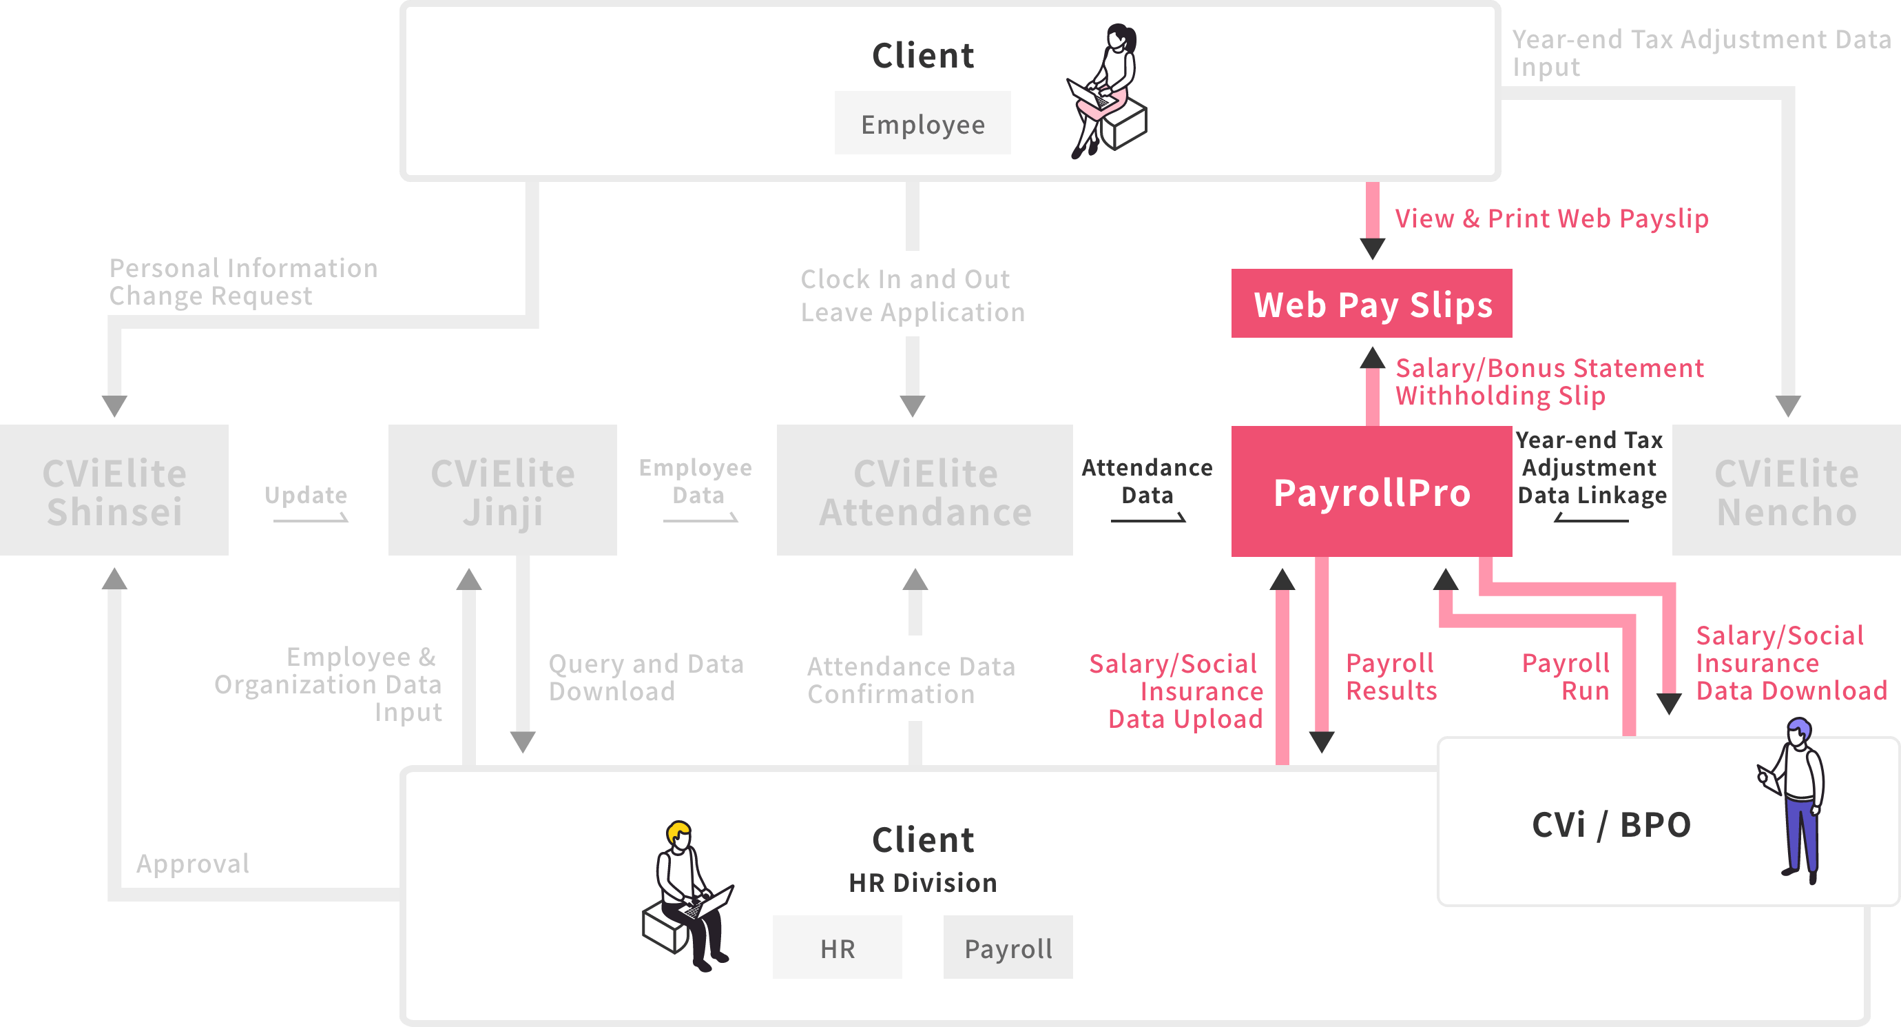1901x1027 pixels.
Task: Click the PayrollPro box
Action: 1371,491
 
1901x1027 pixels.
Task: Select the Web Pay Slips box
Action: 1371,303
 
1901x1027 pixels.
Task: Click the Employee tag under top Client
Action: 922,124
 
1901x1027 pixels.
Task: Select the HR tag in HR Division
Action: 837,948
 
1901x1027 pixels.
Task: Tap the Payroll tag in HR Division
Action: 1008,948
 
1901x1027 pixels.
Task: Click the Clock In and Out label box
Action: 912,294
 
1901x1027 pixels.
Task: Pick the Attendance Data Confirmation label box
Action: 911,678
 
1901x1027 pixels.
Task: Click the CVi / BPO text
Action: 1611,824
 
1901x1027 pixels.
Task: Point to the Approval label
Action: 193,863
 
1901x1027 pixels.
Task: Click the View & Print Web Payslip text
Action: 1551,218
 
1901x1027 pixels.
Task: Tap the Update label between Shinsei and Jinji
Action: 306,495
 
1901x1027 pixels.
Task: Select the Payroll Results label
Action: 1391,676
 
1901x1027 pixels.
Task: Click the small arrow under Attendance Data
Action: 1148,518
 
